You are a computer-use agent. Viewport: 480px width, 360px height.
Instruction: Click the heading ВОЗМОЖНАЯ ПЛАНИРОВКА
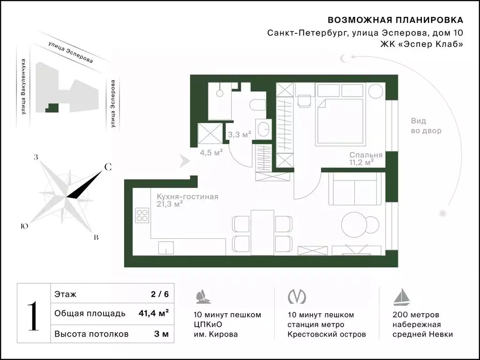tap(395, 20)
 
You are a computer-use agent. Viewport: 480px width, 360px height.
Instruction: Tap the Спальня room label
tap(366, 155)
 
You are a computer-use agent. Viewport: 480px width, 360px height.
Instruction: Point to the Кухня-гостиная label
tap(187, 197)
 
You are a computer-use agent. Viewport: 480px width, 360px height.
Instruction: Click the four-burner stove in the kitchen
tap(142, 215)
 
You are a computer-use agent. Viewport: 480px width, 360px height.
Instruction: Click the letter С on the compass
tap(107, 167)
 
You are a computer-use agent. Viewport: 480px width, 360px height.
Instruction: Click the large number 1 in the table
tap(32, 317)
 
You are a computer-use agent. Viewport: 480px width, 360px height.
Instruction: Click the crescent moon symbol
tap(344, 58)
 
